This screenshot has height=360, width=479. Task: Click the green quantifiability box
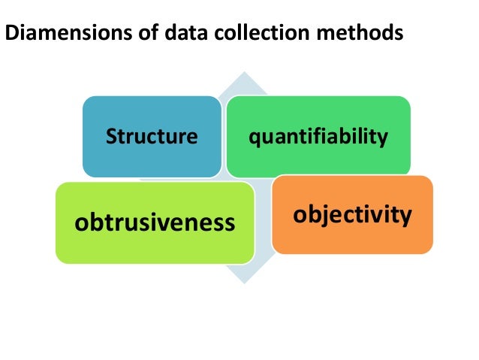(x=319, y=136)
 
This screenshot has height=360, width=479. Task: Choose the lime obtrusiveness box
(x=155, y=222)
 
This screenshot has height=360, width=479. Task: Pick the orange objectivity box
(x=352, y=215)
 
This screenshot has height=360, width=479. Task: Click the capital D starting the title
(x=11, y=35)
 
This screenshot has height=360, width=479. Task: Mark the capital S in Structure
(x=111, y=137)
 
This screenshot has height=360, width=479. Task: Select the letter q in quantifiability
(x=255, y=138)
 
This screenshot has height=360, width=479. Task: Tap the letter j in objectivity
(x=323, y=216)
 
